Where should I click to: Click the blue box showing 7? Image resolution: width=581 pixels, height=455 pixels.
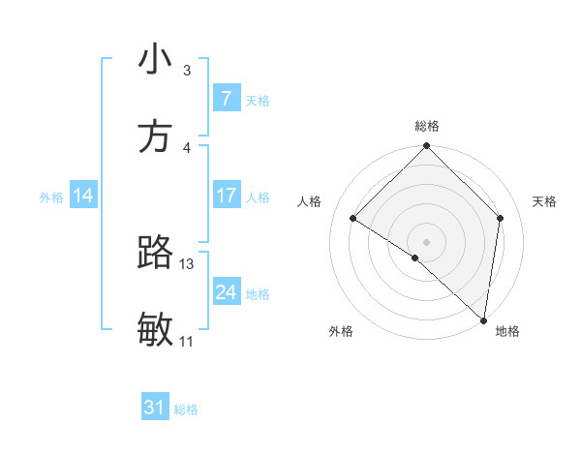tap(226, 99)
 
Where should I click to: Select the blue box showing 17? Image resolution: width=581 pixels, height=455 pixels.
tap(226, 196)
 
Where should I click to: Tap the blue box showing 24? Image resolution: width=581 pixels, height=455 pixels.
tap(226, 291)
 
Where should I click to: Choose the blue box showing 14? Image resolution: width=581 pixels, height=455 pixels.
tap(83, 196)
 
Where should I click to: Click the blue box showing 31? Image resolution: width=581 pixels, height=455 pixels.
tap(155, 408)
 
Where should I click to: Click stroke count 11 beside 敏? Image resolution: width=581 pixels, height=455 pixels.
tap(187, 341)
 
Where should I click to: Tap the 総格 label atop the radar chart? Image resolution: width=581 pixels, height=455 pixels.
tap(427, 126)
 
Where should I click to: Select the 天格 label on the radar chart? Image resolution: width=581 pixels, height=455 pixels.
tap(545, 201)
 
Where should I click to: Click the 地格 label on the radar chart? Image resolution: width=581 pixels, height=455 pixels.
tap(507, 331)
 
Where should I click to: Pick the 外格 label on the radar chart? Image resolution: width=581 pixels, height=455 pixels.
tap(341, 331)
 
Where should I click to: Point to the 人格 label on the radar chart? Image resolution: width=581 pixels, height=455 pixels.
tap(310, 201)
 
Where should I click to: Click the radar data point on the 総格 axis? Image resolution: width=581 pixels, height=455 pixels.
tap(427, 147)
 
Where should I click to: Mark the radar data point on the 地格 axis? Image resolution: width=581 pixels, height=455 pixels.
tap(484, 319)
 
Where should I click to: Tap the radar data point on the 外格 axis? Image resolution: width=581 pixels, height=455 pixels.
tap(415, 258)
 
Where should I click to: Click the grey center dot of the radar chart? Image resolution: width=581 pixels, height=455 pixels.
tap(427, 241)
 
